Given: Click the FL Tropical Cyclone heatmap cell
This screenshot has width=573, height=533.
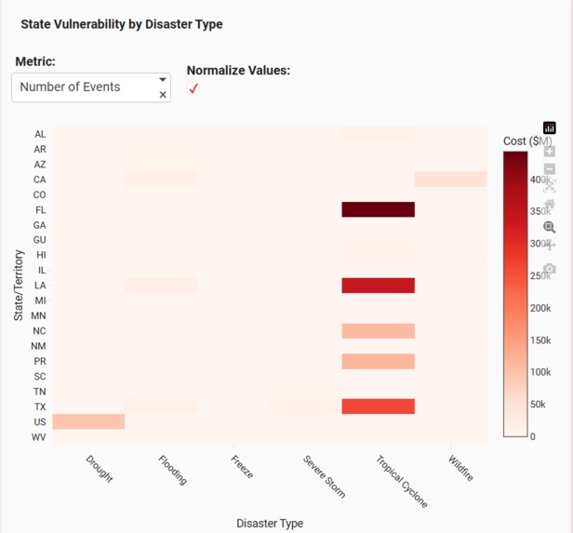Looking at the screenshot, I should point(379,209).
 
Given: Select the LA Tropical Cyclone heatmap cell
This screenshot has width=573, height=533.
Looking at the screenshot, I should point(379,286).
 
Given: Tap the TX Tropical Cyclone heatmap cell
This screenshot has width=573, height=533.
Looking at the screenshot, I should point(379,406).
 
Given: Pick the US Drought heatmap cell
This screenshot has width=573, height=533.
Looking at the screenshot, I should point(88,421).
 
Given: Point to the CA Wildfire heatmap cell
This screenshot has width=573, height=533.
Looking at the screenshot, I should point(450,180).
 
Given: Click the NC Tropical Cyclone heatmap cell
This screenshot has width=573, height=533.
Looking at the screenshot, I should point(379,331).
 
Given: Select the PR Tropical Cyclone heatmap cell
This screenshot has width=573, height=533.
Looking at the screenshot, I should point(379,361).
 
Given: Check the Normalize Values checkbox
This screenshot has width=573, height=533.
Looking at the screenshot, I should point(193,88).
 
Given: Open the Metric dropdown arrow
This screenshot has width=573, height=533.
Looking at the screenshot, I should point(163,80).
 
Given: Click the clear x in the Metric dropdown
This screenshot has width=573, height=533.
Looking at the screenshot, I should point(163,95).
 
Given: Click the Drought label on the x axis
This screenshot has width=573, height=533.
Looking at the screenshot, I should point(99,468).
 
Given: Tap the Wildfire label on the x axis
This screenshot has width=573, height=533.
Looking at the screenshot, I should point(460,468).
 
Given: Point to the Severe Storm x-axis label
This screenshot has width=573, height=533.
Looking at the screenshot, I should point(325,476).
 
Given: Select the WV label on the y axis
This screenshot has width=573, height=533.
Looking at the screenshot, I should point(39,437).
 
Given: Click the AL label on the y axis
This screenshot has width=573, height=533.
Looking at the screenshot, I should point(40,134).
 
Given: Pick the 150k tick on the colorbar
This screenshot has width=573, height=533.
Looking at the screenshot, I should point(540,340).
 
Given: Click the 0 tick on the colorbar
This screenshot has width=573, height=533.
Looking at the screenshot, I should point(532,435).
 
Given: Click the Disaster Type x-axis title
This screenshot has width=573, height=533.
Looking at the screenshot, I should point(270,523).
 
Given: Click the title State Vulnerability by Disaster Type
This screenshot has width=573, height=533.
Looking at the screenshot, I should point(122,24).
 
